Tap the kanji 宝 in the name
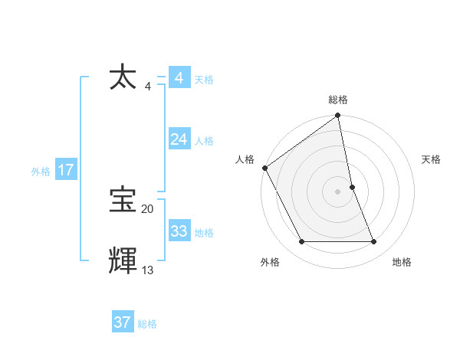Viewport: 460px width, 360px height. (x=123, y=200)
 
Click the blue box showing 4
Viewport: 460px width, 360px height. (x=179, y=78)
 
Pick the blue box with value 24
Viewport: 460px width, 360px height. (x=179, y=139)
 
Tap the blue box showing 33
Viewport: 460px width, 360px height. (x=179, y=231)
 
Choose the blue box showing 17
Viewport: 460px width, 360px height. (x=65, y=170)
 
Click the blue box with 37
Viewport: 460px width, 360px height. (x=122, y=322)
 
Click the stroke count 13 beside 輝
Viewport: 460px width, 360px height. (x=147, y=270)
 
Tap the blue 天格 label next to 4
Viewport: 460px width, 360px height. (x=204, y=80)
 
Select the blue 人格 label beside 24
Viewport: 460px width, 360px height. (x=204, y=141)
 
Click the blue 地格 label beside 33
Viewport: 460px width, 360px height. (x=204, y=233)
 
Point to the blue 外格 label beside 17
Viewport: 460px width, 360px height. (x=41, y=172)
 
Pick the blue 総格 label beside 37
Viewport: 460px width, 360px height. (x=147, y=324)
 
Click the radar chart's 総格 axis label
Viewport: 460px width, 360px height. (x=338, y=100)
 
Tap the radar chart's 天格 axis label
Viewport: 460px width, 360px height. (x=432, y=159)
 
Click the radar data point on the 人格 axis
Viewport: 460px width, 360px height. (x=264, y=168)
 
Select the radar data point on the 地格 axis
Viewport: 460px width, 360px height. (x=374, y=242)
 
